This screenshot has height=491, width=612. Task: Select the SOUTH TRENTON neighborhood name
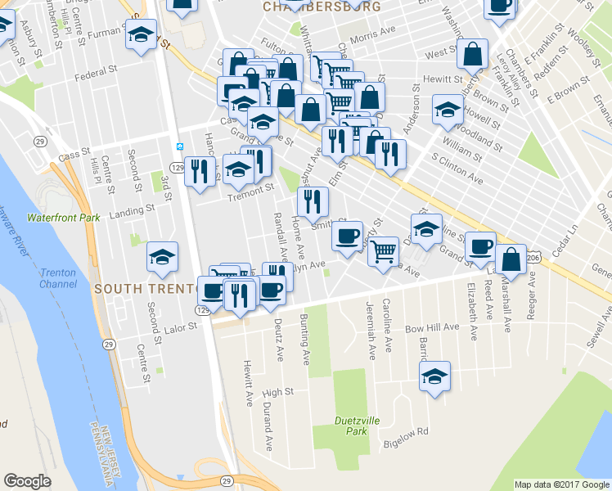tap(146, 289)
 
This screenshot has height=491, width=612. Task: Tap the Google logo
tap(27, 481)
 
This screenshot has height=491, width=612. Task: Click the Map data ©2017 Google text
tap(562, 484)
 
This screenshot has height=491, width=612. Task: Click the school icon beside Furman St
tap(142, 35)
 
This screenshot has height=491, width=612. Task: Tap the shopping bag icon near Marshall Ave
tap(511, 259)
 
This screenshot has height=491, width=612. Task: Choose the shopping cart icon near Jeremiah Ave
tap(383, 252)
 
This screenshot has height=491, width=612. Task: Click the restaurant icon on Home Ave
tap(312, 202)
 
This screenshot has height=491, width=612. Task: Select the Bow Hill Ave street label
tap(432, 328)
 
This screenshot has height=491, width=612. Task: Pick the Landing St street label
tap(132, 210)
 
